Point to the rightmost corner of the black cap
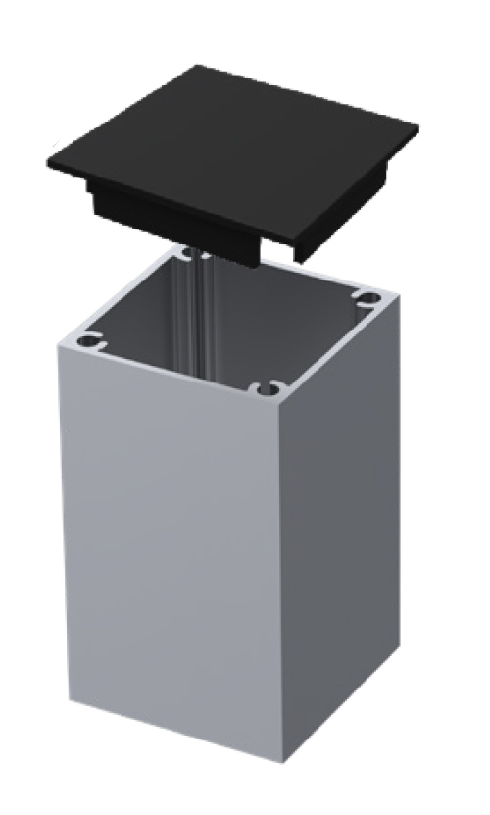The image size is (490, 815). point(418,128)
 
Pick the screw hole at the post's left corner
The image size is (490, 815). point(89,341)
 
